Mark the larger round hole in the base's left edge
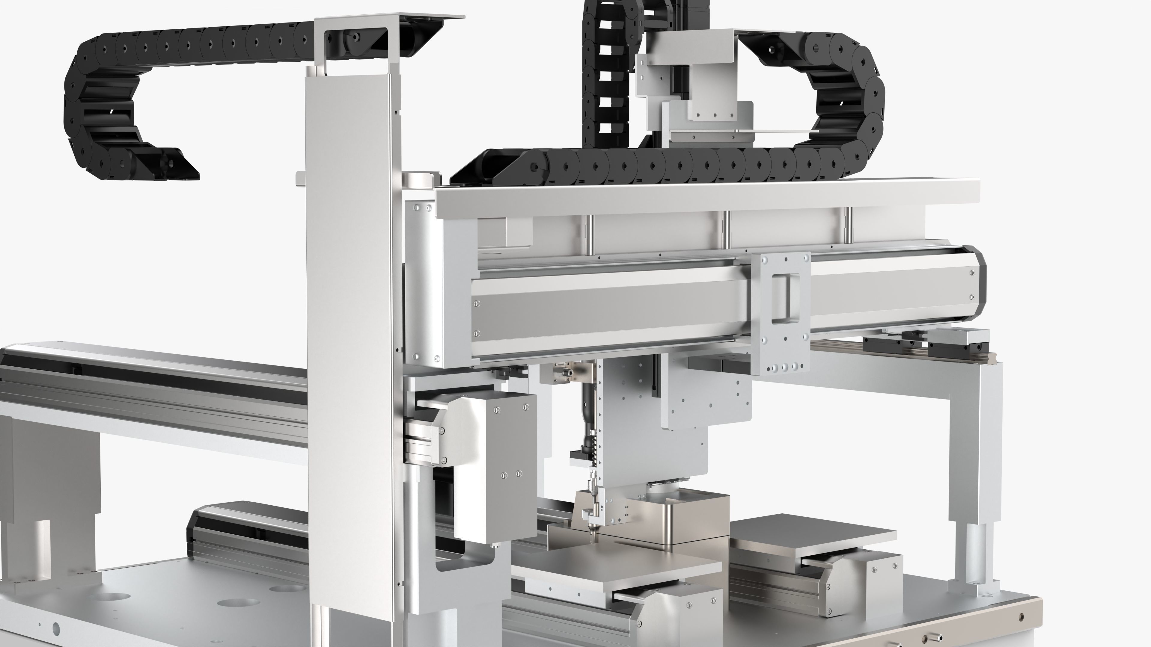[56, 629]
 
